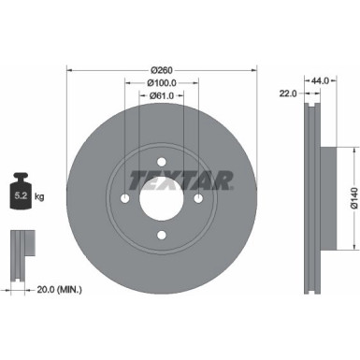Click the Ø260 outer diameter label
click(162, 69)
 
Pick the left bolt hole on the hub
click(125, 198)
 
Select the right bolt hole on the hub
click(198, 198)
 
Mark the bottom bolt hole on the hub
click(162, 235)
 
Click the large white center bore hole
click(162, 197)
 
